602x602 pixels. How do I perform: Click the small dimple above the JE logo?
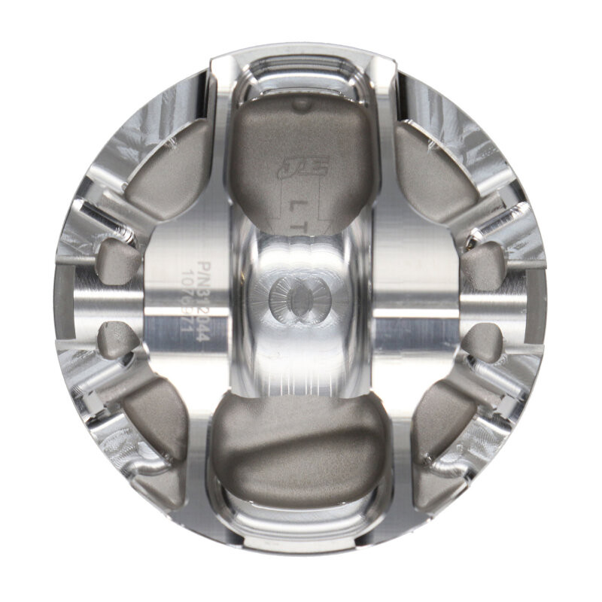pos(300,105)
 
